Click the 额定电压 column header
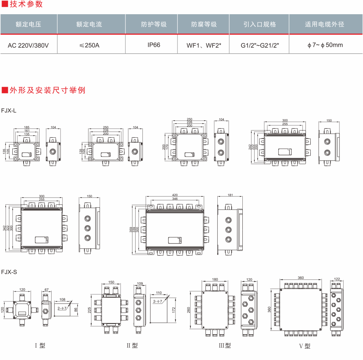pos(28,24)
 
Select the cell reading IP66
pos(154,45)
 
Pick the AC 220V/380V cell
pos(28,45)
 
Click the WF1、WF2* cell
pos(204,45)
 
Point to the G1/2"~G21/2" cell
pos(260,45)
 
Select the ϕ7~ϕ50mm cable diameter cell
pos(325,45)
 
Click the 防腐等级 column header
pos(204,24)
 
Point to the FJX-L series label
pos(9,111)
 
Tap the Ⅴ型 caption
pos(304,346)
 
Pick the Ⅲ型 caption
pos(225,345)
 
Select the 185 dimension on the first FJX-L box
pos(27,127)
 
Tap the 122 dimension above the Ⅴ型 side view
pos(336,279)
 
